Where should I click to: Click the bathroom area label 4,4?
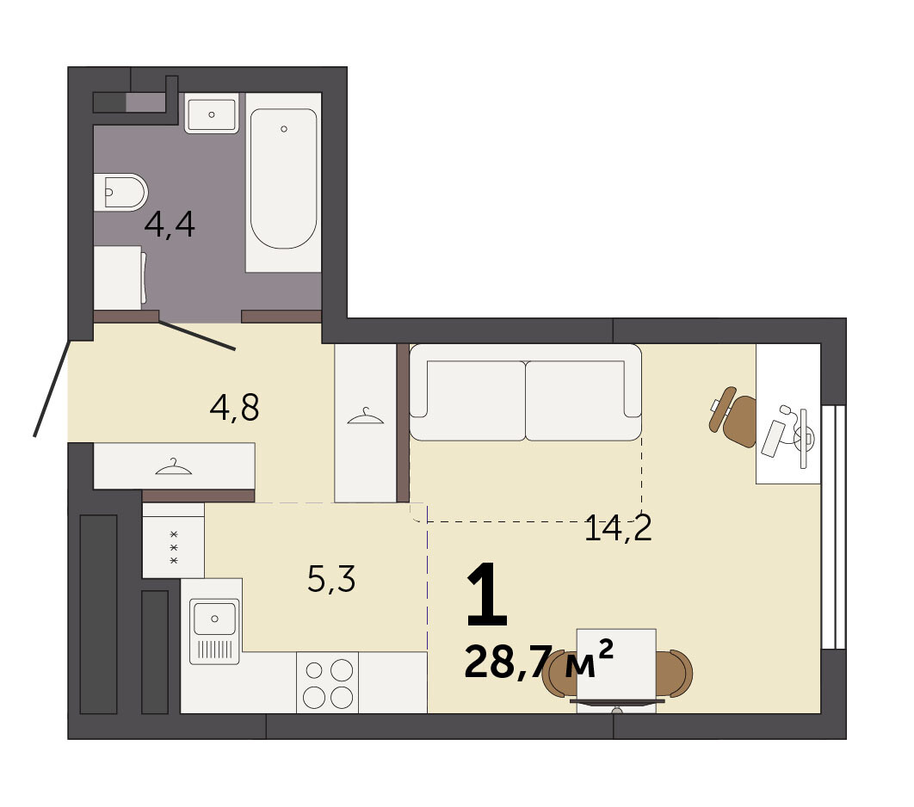click(170, 225)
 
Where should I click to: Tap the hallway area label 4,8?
click(234, 407)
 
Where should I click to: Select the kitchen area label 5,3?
click(331, 579)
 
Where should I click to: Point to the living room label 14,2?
click(618, 528)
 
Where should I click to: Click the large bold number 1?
click(487, 594)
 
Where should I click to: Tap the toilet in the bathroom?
click(120, 192)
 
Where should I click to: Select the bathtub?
click(284, 179)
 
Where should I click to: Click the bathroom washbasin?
click(212, 114)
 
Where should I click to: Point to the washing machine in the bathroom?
click(120, 278)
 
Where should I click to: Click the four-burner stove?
click(328, 682)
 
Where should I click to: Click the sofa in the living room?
click(526, 392)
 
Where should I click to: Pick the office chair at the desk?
click(733, 416)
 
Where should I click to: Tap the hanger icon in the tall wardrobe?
click(366, 416)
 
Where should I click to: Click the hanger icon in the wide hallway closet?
click(173, 466)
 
